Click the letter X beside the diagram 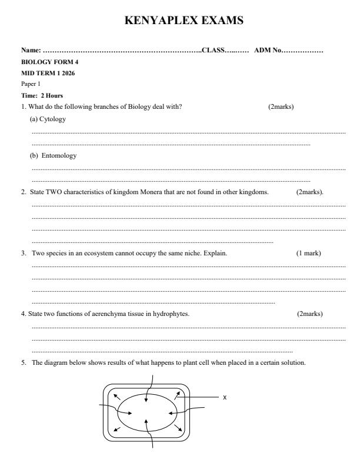click(225, 397)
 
